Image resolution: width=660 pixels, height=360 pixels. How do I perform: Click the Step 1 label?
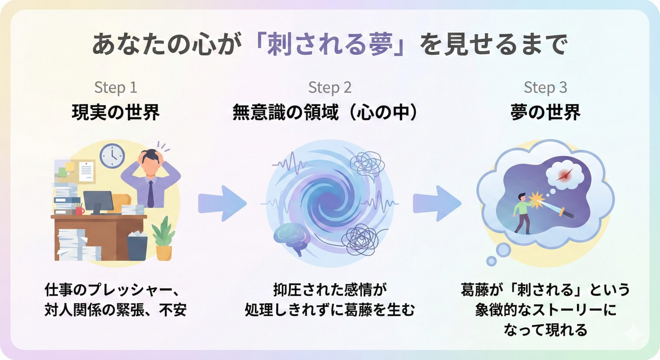(115, 87)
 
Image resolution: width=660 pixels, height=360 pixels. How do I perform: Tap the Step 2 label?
(330, 87)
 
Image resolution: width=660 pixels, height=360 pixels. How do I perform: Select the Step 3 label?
(545, 87)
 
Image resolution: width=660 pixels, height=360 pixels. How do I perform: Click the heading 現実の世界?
(116, 112)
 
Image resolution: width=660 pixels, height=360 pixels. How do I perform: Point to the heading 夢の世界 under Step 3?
(545, 112)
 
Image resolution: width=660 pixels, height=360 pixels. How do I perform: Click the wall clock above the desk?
(112, 156)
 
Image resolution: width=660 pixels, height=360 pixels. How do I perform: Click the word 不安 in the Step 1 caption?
(173, 310)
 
